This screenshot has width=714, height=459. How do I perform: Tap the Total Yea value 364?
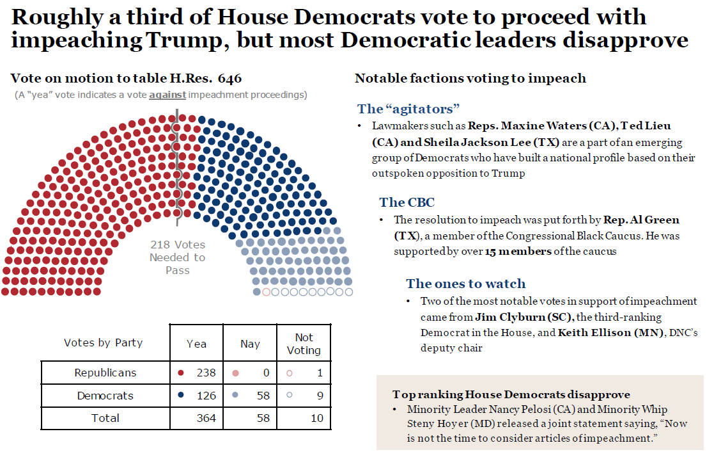coord(206,418)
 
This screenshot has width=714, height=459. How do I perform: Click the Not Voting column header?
coord(304,344)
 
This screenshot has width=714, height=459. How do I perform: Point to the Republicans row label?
coord(105,373)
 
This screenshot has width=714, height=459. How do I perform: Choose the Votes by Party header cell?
coord(104,342)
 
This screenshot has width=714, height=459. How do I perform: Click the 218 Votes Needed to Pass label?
coord(178,257)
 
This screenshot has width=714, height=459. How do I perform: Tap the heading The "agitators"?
coord(408,108)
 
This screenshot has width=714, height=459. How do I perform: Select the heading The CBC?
coord(407,202)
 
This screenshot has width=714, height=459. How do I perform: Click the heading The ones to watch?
coord(465,284)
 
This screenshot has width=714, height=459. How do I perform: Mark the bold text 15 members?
coord(518,252)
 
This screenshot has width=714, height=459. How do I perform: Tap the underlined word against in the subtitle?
coord(167,95)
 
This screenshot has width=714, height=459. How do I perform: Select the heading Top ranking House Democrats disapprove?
coord(511,394)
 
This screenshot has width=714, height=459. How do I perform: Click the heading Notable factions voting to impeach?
coord(470,79)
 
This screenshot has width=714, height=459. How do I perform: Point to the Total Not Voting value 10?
coord(317,418)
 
